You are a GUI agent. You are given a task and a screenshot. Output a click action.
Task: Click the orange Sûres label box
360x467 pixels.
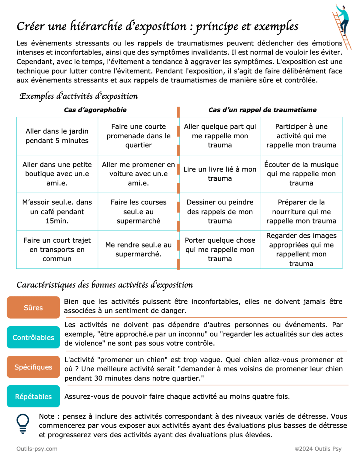pyautogui.click(x=33, y=307)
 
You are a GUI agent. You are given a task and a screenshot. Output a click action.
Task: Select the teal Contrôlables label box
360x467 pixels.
pyautogui.click(x=33, y=337)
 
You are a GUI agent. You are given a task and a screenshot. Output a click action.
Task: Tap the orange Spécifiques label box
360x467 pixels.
pyautogui.click(x=33, y=367)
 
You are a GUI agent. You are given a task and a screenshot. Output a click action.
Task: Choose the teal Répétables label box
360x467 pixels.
pyautogui.click(x=33, y=396)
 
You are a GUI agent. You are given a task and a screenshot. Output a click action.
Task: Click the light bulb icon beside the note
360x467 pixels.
pyautogui.click(x=23, y=423)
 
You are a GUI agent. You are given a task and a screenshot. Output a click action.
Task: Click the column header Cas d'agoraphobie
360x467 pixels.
pyautogui.click(x=95, y=110)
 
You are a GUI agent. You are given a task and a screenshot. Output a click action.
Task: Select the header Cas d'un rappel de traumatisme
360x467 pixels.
pyautogui.click(x=262, y=110)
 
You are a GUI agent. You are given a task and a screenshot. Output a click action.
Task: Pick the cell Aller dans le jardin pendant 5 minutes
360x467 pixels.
pyautogui.click(x=57, y=136)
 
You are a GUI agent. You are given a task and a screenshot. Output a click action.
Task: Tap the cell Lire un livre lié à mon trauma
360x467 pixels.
pyautogui.click(x=220, y=174)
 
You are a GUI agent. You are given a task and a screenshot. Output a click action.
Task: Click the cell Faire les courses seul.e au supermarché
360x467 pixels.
pyautogui.click(x=138, y=211)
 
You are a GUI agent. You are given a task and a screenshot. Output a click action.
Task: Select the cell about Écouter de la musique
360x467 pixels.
pyautogui.click(x=301, y=174)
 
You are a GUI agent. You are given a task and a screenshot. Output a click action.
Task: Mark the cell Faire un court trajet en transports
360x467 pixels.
pyautogui.click(x=57, y=249)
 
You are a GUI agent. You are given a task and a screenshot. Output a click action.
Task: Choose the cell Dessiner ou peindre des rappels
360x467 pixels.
pyautogui.click(x=220, y=211)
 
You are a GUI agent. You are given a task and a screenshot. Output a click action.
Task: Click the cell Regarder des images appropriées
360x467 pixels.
pyautogui.click(x=301, y=249)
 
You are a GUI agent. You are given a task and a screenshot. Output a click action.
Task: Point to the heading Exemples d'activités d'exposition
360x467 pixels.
pyautogui.click(x=79, y=96)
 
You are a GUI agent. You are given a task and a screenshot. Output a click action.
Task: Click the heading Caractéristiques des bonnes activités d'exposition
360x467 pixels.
pyautogui.click(x=105, y=285)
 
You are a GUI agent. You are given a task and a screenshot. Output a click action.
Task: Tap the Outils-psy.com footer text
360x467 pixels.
pyautogui.click(x=37, y=448)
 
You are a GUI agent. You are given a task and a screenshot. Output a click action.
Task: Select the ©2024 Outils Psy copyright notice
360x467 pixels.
pyautogui.click(x=318, y=448)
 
